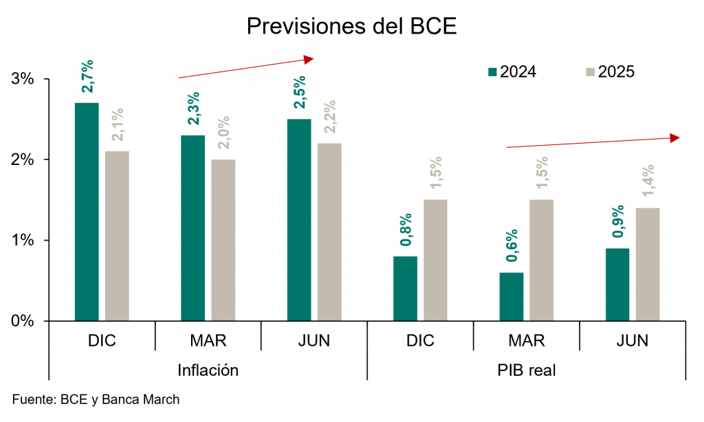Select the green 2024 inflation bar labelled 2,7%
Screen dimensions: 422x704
87,212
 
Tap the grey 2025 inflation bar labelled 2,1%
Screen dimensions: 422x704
117,236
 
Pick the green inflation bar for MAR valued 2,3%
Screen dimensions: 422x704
193,228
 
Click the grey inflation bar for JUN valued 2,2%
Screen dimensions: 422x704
329,232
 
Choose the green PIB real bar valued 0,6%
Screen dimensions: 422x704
511,296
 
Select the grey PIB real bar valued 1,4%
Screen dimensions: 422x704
648,264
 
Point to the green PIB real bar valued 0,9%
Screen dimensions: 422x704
617,284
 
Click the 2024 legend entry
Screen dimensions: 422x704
512,71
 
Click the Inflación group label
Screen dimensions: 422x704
208,370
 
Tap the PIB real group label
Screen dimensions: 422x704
527,370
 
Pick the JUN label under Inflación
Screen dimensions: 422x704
314,341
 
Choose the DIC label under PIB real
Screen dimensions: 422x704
420,341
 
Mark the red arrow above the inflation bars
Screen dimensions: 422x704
245,68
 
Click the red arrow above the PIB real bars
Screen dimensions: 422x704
593,142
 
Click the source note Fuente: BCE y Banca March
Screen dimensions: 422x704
96,399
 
